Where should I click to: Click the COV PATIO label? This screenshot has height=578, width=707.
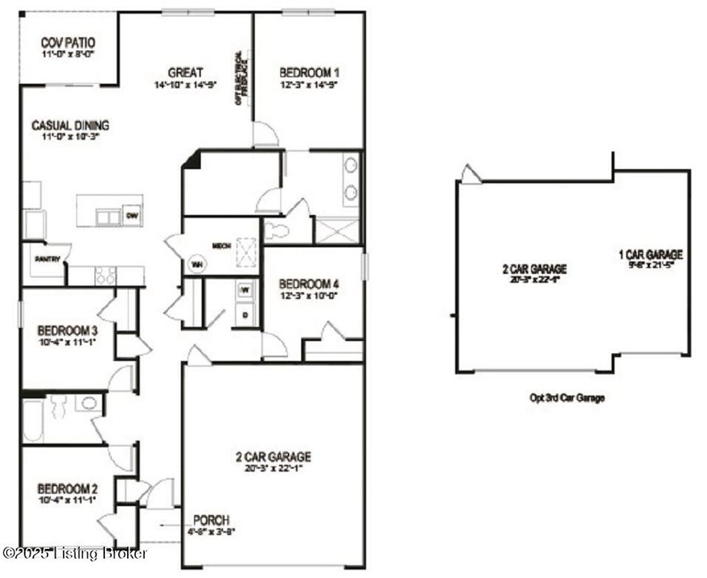(67, 42)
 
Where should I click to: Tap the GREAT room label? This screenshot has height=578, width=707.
(185, 73)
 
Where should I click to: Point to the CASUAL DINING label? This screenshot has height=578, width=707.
(70, 126)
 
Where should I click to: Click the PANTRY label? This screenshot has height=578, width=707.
(48, 260)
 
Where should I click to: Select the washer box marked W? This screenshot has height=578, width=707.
(244, 291)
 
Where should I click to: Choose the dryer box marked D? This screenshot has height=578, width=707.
(244, 315)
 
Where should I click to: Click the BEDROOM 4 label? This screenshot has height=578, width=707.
(309, 284)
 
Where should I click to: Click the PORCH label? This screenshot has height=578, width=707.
(211, 520)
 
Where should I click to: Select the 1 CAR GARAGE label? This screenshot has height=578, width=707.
(650, 255)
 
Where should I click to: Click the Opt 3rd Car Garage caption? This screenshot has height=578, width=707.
(568, 398)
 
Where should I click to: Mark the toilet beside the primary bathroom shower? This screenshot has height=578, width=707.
(275, 231)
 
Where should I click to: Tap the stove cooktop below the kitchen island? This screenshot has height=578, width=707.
(104, 276)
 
